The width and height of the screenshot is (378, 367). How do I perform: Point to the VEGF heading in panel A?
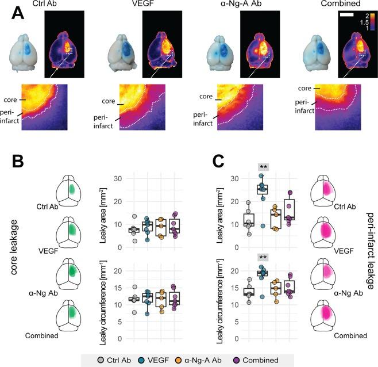(136, 5)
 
